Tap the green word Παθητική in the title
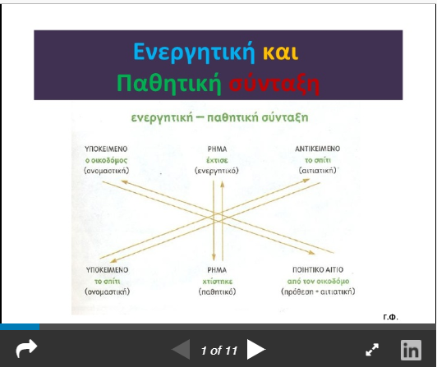[169, 83]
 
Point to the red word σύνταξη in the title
[275, 83]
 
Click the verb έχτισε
[216, 159]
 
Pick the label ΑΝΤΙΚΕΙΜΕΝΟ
[324, 149]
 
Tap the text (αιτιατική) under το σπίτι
[324, 170]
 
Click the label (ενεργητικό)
[216, 170]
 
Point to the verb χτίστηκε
[216, 280]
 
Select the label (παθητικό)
[216, 291]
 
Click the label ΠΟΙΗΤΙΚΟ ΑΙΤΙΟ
[327, 269]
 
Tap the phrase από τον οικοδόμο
[327, 280]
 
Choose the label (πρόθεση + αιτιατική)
[327, 291]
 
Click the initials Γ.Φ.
[390, 316]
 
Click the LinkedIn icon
[411, 351]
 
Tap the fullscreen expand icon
[372, 351]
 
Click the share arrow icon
[26, 350]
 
